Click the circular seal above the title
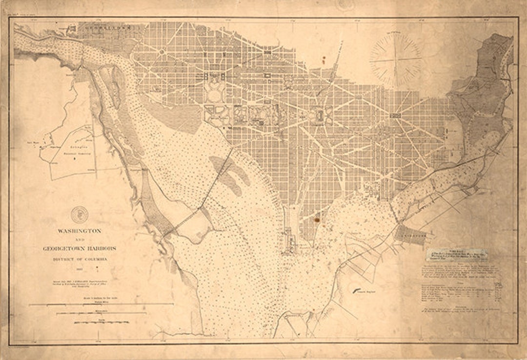[79, 214]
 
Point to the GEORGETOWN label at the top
[107, 28]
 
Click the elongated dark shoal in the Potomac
[229, 173]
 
